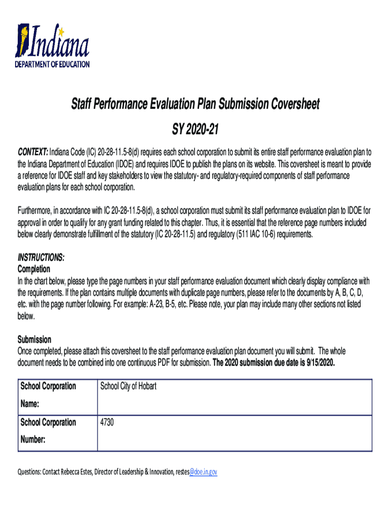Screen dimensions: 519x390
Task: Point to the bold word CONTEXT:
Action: (33, 152)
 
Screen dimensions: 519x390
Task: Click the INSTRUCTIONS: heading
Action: (41, 258)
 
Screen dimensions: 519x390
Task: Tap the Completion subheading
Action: (34, 269)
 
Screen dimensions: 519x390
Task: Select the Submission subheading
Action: (34, 339)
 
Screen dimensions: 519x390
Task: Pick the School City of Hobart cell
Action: (129, 386)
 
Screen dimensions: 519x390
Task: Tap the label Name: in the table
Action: (30, 404)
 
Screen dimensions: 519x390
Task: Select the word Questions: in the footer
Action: (29, 471)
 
